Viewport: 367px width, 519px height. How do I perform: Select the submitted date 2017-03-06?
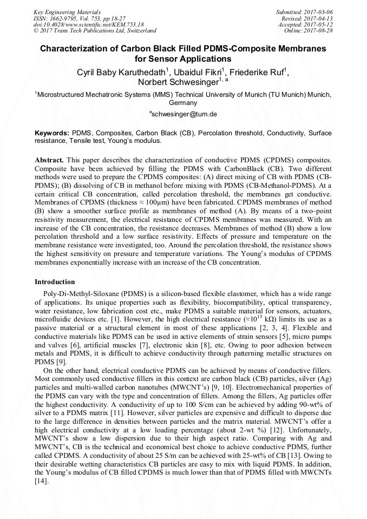tap(317, 12)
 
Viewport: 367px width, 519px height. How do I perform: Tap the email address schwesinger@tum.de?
tap(184, 114)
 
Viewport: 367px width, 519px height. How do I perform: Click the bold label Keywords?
tap(52, 133)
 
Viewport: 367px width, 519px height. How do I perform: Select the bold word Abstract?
tap(49, 161)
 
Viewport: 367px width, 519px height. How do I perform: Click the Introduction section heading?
tap(55, 282)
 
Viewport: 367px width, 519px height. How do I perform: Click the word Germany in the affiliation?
tap(183, 102)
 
